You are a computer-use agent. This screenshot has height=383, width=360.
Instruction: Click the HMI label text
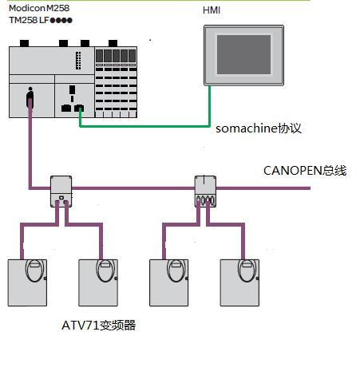(x=212, y=10)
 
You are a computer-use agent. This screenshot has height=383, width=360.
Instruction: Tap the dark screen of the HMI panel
(x=243, y=54)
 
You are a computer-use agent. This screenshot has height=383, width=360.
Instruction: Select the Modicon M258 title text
(x=39, y=8)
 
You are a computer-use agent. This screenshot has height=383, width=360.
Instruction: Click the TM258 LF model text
(x=41, y=20)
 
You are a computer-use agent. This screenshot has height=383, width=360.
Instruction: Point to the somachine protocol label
(x=259, y=128)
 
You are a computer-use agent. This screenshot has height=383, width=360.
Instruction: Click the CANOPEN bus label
(x=305, y=171)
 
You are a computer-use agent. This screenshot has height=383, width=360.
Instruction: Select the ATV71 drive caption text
(x=98, y=325)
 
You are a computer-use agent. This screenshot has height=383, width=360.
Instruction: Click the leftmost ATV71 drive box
(x=27, y=282)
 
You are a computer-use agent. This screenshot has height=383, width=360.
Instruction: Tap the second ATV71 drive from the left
(x=98, y=282)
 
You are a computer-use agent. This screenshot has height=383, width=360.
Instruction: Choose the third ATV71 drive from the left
(x=169, y=282)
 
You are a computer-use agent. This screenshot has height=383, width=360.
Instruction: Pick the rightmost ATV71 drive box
(x=239, y=282)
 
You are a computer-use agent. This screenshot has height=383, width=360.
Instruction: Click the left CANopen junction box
(x=61, y=191)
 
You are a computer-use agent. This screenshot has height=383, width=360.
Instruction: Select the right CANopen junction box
(x=205, y=191)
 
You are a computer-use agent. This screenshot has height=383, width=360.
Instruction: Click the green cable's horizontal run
(x=144, y=126)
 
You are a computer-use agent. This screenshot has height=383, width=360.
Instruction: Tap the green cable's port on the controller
(x=79, y=108)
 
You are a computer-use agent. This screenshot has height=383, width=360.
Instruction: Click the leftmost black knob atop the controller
(x=24, y=43)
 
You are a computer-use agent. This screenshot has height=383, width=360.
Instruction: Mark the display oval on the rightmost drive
(x=247, y=270)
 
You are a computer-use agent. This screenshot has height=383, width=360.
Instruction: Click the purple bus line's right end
(x=310, y=188)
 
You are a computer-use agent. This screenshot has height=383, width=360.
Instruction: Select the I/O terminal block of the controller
(x=116, y=82)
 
